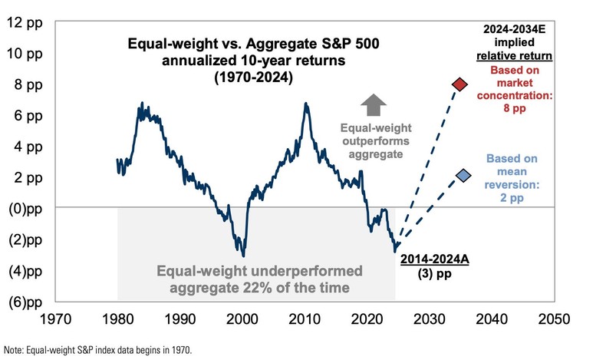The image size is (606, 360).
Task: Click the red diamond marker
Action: [460, 84]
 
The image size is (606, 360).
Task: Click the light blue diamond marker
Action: [463, 176]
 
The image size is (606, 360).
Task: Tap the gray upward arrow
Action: [374, 105]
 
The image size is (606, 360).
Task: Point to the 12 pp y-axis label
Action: [24, 21]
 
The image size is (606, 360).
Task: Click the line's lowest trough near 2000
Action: [243, 256]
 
